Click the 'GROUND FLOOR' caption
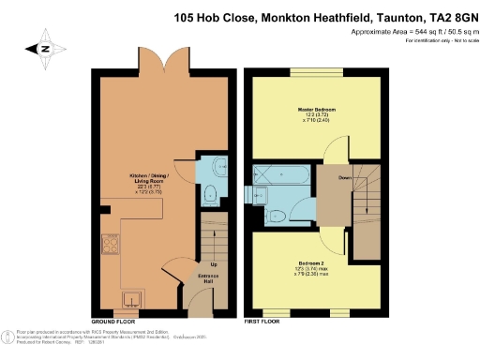(x=111, y=321)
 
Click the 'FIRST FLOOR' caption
(x=262, y=321)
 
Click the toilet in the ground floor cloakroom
(x=212, y=195)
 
